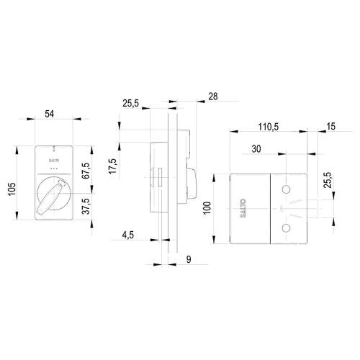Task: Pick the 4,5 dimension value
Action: [128, 234]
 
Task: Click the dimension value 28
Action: [212, 96]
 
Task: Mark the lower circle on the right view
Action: [287, 229]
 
